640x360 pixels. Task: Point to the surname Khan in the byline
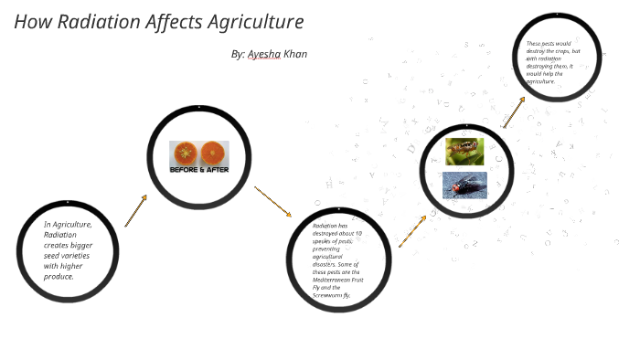pos(295,55)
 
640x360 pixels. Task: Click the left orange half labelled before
pos(186,153)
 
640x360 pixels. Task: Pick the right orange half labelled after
pos(214,153)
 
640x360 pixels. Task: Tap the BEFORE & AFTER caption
pos(199,170)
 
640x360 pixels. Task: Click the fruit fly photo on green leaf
pos(464,151)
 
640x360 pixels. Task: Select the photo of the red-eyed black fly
pos(464,185)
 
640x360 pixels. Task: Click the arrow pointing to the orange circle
pos(135,210)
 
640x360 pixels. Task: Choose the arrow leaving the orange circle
pos(272,202)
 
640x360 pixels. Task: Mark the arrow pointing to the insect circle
pos(412,231)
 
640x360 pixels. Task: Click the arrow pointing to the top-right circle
pos(514,112)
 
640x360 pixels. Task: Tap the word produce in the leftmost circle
pos(59,276)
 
